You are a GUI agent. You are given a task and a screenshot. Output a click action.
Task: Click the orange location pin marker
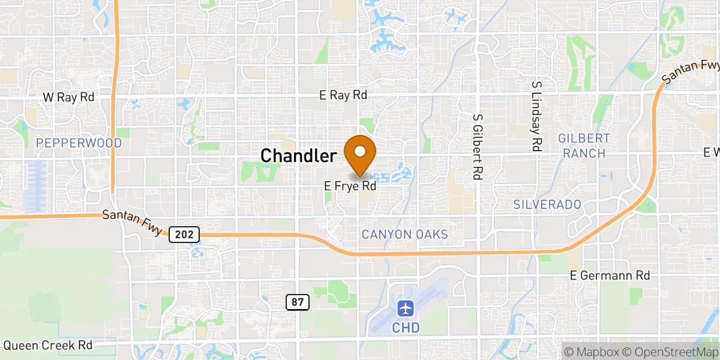[x=360, y=154]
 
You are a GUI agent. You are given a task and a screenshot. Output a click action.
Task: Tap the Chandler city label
[x=298, y=156]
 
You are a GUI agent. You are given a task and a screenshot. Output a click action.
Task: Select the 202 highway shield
[x=184, y=235]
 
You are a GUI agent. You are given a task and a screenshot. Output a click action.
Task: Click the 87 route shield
[x=298, y=302]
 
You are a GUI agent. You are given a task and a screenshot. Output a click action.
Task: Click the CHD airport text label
[x=406, y=328]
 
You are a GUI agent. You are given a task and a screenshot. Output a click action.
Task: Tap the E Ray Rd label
[x=343, y=95]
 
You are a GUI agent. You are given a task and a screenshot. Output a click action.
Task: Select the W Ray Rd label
[x=69, y=97]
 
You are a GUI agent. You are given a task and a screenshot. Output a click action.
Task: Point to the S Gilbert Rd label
[x=478, y=147]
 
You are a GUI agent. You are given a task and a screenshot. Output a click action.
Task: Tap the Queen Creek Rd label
[x=48, y=346]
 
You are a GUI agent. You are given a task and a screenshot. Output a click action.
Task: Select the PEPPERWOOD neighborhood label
[x=79, y=143]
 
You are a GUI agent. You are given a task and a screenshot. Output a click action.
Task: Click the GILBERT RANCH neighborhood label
[x=584, y=146]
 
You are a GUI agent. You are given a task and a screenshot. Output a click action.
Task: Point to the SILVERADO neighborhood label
[x=547, y=205]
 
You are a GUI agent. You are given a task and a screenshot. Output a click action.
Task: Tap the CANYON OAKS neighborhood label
[x=404, y=234]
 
